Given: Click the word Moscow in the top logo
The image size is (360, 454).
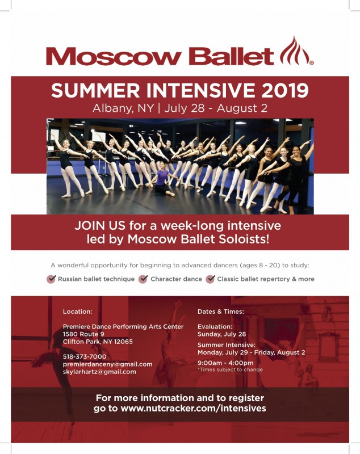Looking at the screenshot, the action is (x=114, y=56).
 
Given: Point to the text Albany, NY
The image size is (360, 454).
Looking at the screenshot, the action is (x=123, y=108).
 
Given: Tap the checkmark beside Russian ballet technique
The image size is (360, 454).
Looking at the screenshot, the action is (x=51, y=279).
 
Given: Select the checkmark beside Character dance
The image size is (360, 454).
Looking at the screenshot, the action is (x=143, y=279).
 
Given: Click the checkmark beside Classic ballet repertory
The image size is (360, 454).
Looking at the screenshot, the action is (x=210, y=279).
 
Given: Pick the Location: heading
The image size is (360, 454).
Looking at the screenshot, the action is (x=77, y=312).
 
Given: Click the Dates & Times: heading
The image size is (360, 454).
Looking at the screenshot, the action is (x=221, y=312).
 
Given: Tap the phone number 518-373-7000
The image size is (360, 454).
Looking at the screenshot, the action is (x=85, y=356).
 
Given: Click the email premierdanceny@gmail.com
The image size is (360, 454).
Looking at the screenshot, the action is (x=107, y=364).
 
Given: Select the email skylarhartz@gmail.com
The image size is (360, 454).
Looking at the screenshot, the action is (x=99, y=372).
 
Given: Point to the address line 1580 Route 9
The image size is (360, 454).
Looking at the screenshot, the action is (x=83, y=334).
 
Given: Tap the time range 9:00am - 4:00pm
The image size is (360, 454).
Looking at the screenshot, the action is (x=225, y=363).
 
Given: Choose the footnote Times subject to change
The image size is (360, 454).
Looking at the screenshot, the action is (x=230, y=370).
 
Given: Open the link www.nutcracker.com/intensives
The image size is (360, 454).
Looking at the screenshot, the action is (x=193, y=408).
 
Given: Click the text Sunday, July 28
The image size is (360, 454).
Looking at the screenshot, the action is (x=221, y=334).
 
